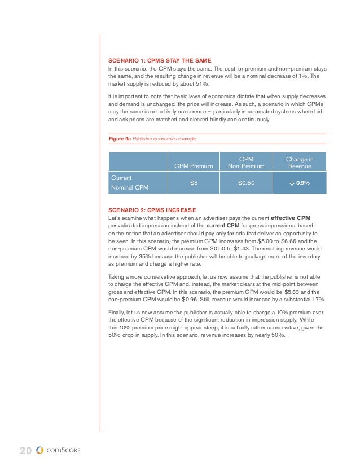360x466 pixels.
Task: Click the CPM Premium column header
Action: (x=194, y=166)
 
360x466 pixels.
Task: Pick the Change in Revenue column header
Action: (x=300, y=162)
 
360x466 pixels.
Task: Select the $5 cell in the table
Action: (x=194, y=183)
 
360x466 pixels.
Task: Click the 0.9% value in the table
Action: (x=303, y=183)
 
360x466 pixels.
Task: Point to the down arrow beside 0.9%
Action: (x=292, y=183)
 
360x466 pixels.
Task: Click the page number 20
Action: (x=25, y=450)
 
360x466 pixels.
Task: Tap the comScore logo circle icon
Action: (x=39, y=450)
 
